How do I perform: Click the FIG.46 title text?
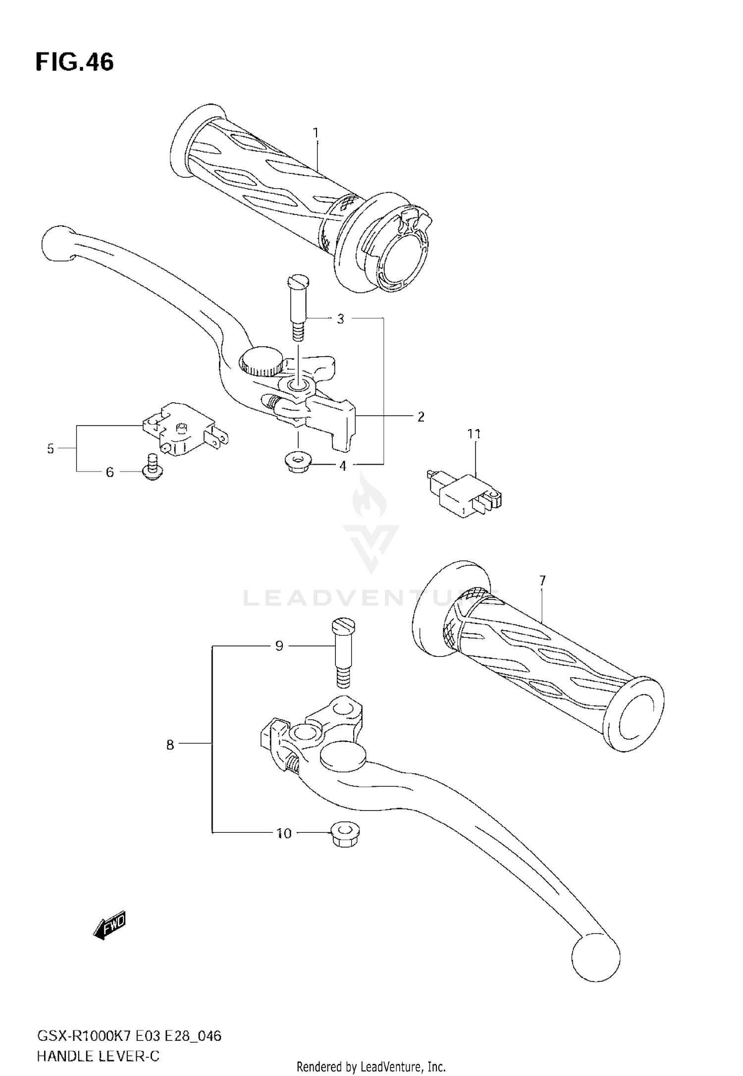pos(74,63)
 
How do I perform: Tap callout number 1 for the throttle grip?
pos(316,133)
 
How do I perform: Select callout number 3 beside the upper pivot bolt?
pos(340,319)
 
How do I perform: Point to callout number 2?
pos(421,417)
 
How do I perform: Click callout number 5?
pos(50,449)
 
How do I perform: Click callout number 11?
pos(474,434)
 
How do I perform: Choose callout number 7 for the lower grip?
pos(542,580)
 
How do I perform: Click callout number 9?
pos(279,646)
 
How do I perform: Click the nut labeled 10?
pos(345,835)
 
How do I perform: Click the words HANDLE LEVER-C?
pos(98,1056)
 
